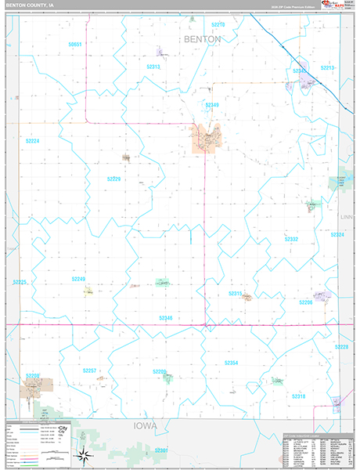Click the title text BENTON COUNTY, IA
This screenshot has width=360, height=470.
click(x=31, y=5)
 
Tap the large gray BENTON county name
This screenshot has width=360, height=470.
click(x=203, y=38)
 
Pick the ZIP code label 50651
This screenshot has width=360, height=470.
click(x=75, y=45)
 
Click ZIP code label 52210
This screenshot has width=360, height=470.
click(x=218, y=25)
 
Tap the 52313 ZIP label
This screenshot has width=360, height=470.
click(x=153, y=67)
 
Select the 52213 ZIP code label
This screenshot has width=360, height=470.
click(x=327, y=68)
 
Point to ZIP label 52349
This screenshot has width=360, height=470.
click(x=212, y=104)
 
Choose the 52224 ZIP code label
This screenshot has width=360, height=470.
click(x=32, y=141)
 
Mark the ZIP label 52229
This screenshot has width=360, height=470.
click(x=114, y=179)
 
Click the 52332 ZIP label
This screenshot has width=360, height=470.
click(x=291, y=239)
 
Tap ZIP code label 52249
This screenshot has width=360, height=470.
click(x=78, y=278)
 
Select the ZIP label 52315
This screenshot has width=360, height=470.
click(x=235, y=293)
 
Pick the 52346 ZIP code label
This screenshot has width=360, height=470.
click(x=165, y=317)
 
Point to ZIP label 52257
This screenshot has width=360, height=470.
click(x=90, y=370)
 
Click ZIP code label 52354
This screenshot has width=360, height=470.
click(x=231, y=363)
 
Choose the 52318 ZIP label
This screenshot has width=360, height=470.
click(x=299, y=396)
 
